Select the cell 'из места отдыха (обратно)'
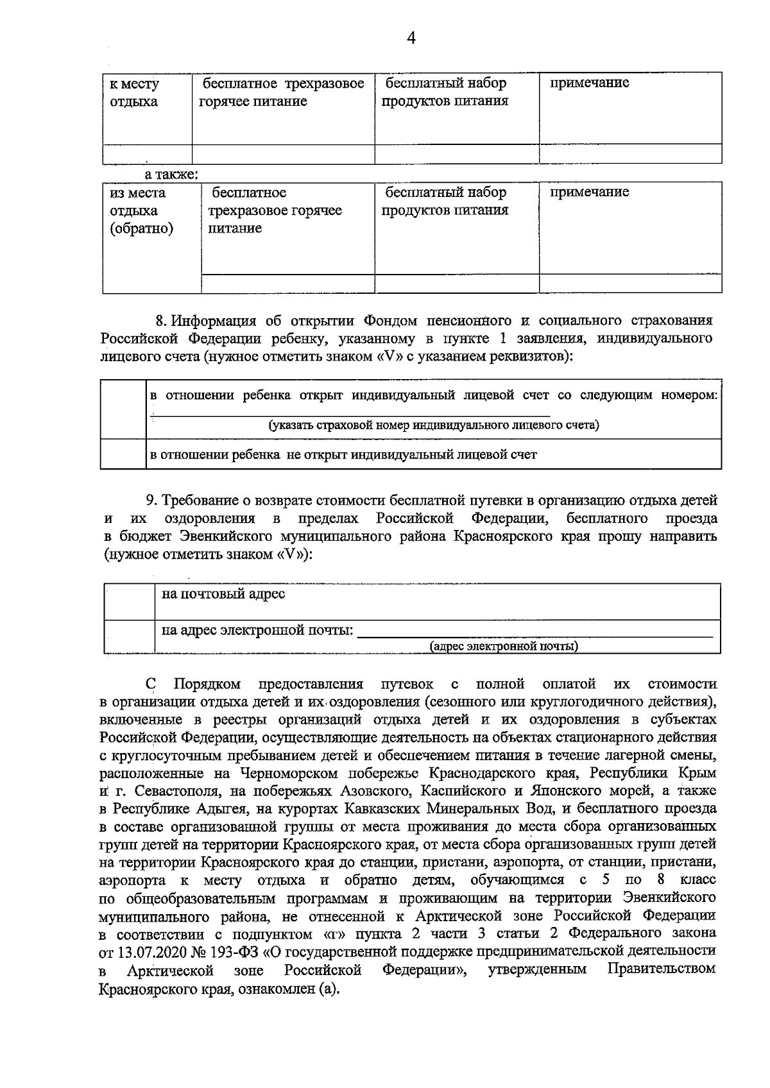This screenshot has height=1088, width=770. coord(141,211)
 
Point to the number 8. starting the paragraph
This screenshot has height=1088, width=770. coord(162,320)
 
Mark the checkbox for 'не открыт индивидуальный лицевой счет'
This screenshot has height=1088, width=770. coord(122,454)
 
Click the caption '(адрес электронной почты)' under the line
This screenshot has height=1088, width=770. coord(504,647)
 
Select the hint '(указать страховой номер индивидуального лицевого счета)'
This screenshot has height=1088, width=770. coord(434,425)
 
